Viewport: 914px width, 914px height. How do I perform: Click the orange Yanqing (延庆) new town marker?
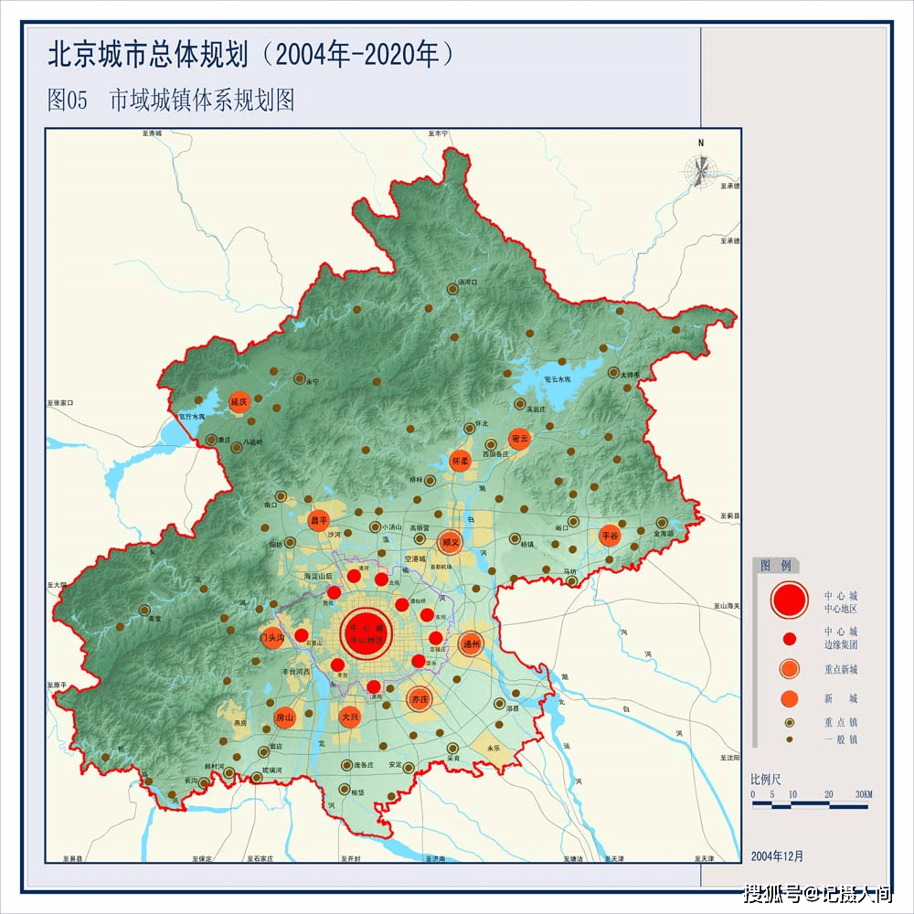(239, 401)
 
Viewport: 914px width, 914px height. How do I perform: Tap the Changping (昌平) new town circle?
(318, 520)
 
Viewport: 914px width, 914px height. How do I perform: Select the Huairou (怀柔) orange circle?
(460, 462)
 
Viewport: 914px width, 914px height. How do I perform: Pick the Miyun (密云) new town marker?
(519, 439)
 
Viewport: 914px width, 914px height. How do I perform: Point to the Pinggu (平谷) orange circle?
(610, 536)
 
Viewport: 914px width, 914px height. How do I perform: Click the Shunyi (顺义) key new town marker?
(449, 542)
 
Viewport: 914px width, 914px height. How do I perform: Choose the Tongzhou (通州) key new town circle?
(472, 643)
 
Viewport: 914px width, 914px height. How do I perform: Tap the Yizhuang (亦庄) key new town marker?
(420, 699)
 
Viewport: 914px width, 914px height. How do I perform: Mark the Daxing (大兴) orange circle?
(349, 717)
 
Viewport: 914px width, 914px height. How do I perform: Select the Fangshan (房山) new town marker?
(284, 718)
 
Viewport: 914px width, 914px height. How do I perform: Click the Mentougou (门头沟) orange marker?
(272, 637)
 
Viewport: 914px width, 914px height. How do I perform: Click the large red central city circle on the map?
(367, 630)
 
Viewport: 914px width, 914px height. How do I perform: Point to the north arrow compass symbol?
(701, 169)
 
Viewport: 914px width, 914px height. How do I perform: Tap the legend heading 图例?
(776, 566)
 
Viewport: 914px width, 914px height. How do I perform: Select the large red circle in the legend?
(790, 600)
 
